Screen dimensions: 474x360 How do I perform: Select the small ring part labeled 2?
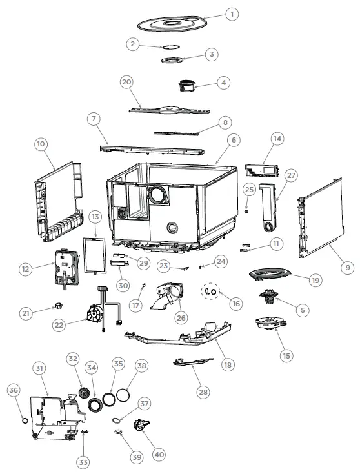(170, 47)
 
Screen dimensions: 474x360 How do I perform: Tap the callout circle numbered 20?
(126, 82)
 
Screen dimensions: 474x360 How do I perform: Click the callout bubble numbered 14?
(277, 139)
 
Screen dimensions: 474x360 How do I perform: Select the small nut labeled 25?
(248, 209)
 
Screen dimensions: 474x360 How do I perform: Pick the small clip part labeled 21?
(60, 303)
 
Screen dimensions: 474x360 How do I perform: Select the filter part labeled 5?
(267, 299)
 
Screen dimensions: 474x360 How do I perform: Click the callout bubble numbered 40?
(159, 454)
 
